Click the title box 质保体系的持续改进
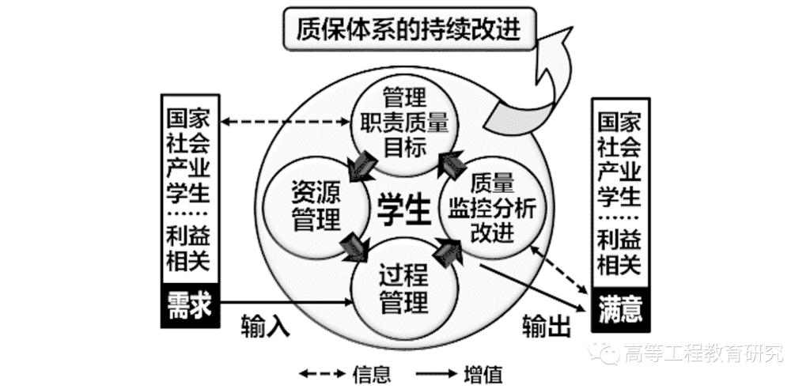point(412,29)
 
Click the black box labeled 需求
point(190,306)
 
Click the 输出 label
point(546,326)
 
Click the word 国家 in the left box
point(189,119)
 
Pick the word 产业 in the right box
point(619,172)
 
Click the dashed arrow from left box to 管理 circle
point(285,122)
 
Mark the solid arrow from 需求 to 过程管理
point(285,301)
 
